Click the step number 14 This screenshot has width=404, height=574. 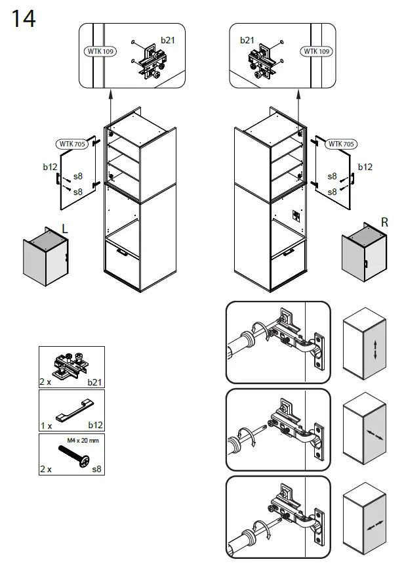coord(23,19)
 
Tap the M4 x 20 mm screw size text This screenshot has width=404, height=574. coord(83,441)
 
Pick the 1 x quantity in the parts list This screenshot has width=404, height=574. coord(46,426)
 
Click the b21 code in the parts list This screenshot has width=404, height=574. coord(96,382)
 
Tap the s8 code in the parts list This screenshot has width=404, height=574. coord(97,470)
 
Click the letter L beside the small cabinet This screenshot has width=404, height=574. coord(64,228)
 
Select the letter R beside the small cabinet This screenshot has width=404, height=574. coord(384,223)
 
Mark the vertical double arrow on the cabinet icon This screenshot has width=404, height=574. coord(375,349)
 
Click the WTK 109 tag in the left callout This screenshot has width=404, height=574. coord(100,51)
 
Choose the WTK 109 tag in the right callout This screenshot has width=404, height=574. coord(316,51)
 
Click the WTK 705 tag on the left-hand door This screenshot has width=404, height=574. coord(70,144)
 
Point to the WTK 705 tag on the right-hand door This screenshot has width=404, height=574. coord(341,144)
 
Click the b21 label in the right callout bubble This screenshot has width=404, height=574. coord(247,40)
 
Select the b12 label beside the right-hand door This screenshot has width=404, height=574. coord(365,167)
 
